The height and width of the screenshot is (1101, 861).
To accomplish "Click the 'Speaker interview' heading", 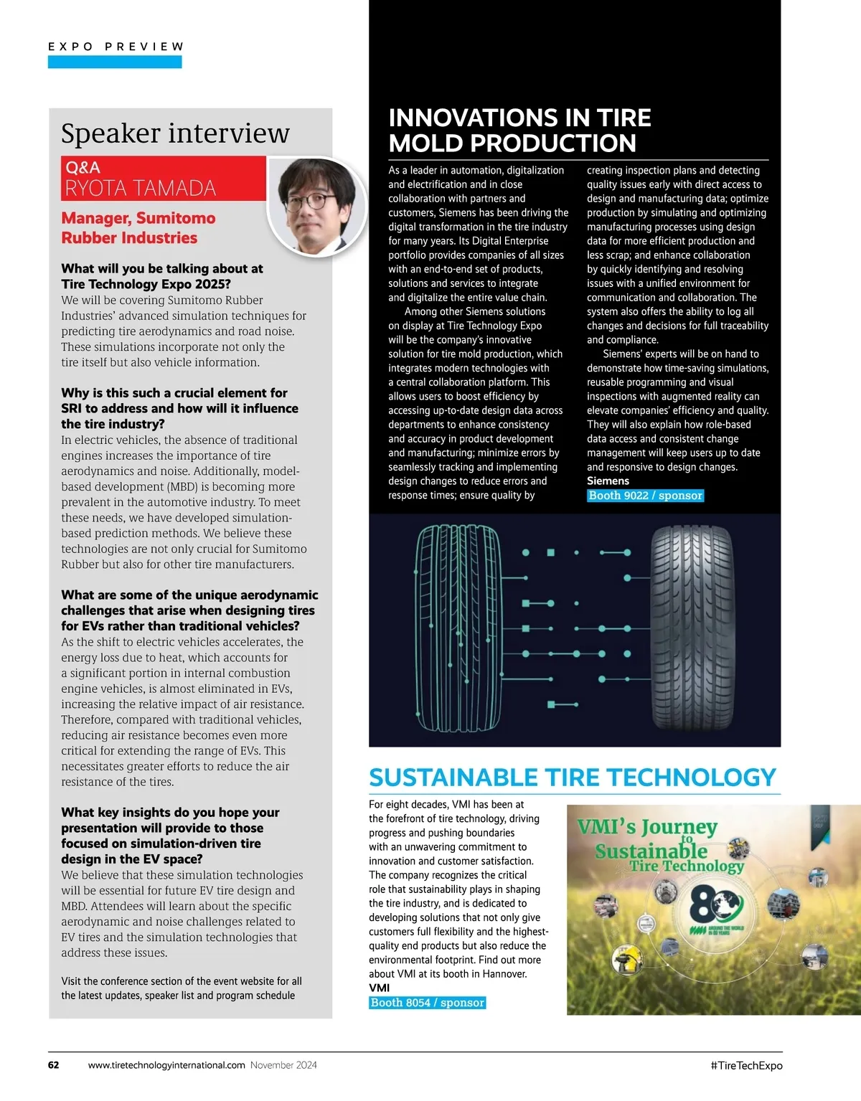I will (175, 133).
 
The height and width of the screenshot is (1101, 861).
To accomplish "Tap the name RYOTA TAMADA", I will (140, 188).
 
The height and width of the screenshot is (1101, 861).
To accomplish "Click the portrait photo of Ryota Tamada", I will (317, 205).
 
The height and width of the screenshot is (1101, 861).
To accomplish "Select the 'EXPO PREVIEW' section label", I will (116, 47).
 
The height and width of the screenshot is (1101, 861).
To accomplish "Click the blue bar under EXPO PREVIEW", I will (115, 62).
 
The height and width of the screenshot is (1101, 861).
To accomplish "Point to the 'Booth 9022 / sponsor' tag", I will (645, 496).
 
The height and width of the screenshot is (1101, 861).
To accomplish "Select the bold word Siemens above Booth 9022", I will (608, 481).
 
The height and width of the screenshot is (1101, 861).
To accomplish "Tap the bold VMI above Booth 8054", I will (379, 988).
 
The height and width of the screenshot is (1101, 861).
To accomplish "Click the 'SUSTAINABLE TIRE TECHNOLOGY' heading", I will (572, 778).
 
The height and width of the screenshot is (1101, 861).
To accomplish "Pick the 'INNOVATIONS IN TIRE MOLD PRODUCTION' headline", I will (519, 131).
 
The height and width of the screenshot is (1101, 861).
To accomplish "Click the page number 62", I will (54, 1065).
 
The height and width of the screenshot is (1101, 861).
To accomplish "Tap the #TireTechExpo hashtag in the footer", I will (746, 1066).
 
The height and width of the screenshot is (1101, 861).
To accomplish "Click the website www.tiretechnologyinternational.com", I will (166, 1065).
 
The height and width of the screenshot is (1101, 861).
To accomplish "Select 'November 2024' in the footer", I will (283, 1065).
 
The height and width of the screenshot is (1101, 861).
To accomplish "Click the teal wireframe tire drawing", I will (458, 628).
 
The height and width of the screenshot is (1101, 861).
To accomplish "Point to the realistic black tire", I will (693, 628).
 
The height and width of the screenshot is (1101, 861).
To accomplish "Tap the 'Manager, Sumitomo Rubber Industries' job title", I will (138, 228).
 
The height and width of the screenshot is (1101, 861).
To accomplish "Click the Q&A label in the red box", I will (83, 168).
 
